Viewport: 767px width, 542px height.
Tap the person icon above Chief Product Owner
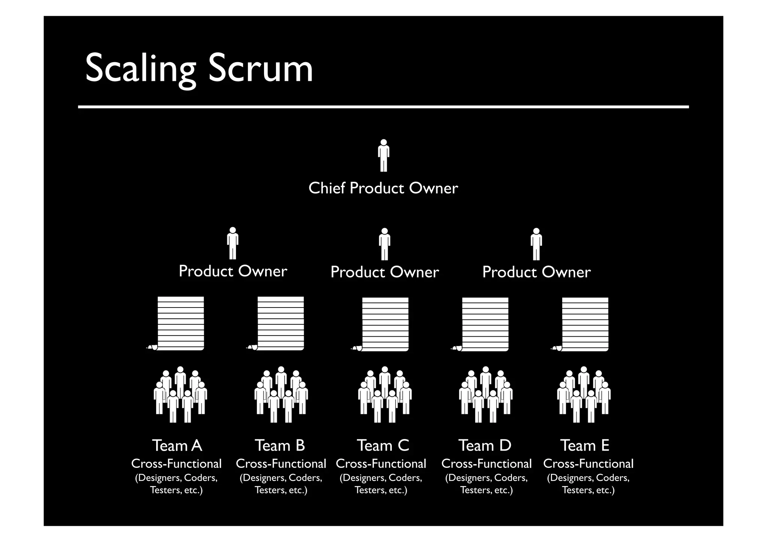383,155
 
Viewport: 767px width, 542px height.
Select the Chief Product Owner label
383,188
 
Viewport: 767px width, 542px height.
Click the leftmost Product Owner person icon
233,243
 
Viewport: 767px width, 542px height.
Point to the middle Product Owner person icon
384,244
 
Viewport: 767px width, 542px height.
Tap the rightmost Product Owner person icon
536,244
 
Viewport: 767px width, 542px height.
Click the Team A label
177,446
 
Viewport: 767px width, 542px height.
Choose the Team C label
383,446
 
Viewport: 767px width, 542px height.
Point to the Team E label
585,446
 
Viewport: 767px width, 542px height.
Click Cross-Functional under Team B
281,464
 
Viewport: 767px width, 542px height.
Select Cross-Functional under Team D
486,464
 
